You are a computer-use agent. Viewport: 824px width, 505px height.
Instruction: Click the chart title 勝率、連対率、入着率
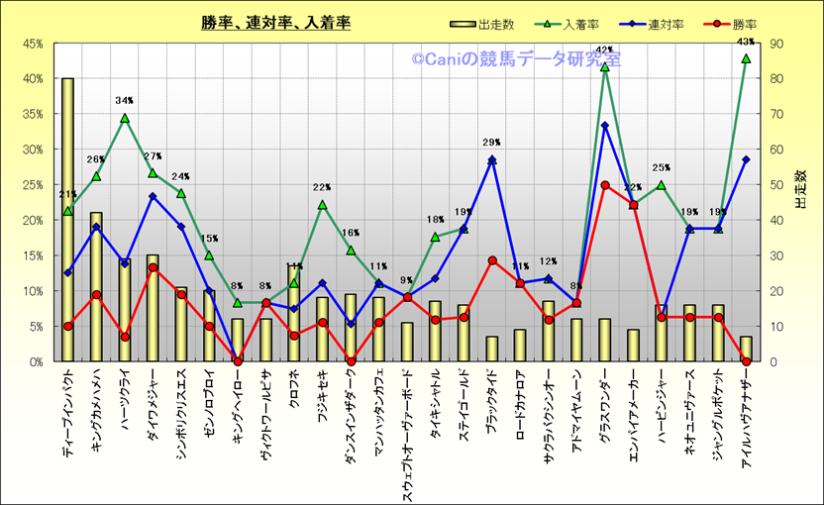tap(275, 23)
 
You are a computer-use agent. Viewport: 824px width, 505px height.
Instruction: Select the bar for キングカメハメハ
tap(96, 287)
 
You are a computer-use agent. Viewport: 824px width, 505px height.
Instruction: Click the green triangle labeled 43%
tap(746, 58)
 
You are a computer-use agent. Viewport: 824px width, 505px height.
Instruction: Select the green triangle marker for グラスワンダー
tap(604, 66)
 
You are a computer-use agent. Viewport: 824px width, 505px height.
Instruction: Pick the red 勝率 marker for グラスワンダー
tap(604, 185)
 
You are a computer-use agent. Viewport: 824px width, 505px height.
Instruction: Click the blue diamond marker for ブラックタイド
tap(491, 160)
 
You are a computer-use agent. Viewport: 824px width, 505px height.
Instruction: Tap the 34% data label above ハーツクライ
tap(125, 101)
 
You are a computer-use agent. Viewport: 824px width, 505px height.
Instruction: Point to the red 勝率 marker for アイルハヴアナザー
tap(746, 361)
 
